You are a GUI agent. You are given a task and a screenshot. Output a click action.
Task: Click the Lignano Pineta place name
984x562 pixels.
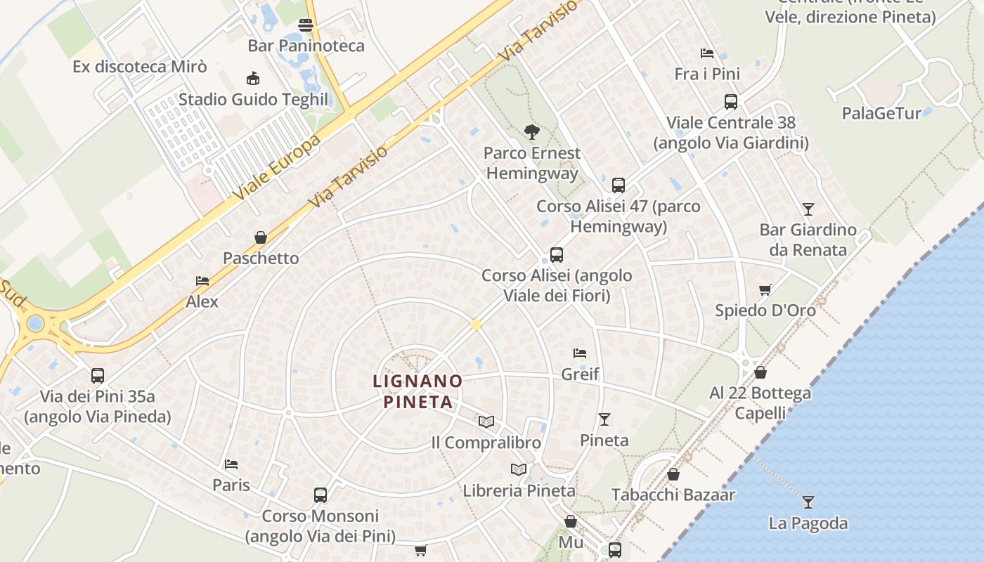417,392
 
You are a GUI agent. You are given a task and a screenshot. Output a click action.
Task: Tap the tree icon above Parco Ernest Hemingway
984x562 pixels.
532,131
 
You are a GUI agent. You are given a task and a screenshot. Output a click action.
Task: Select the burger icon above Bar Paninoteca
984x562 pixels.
306,26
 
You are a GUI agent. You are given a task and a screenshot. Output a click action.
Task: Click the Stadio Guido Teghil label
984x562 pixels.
253,99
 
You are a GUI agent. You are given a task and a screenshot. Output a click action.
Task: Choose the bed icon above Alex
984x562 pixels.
202,281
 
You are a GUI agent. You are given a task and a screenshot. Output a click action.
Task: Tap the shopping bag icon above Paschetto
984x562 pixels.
261,237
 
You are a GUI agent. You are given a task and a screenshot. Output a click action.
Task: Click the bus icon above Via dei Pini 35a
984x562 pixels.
98,376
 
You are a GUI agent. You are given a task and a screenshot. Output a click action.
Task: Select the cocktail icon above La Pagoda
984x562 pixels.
808,502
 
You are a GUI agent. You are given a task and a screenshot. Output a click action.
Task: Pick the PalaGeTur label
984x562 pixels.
881,113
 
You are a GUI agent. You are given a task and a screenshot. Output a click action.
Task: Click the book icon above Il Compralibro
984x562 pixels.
486,421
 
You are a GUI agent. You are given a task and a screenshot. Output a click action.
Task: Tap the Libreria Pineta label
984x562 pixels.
519,491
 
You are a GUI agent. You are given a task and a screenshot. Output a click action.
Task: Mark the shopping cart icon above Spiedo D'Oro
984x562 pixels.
765,289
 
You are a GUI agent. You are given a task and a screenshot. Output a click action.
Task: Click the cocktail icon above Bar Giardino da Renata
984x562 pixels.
808,209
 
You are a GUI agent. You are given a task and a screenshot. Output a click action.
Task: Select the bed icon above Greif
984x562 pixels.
580,353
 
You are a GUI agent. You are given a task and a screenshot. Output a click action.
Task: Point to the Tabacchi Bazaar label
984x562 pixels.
673,495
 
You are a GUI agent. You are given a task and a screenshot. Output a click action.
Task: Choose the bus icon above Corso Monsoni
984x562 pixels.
321,495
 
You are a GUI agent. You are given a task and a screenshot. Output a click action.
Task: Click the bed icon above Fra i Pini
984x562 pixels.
707,53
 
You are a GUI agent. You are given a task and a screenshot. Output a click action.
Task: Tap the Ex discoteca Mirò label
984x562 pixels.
140,67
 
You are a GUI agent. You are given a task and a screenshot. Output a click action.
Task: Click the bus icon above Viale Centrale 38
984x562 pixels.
731,102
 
